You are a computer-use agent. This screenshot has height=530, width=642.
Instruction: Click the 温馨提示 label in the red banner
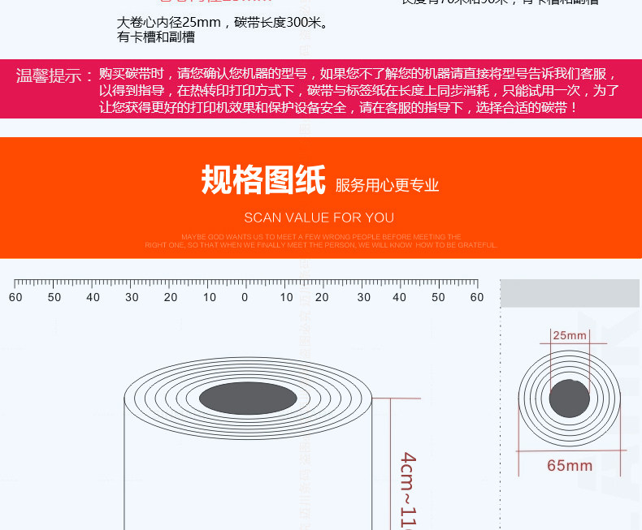tap(54, 76)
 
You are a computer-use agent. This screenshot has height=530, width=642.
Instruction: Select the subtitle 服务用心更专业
tap(387, 186)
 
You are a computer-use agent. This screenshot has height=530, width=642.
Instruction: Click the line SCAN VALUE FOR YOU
tap(319, 218)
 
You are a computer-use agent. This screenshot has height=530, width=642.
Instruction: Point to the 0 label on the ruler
tap(245, 297)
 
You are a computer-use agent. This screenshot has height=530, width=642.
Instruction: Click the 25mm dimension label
tap(569, 335)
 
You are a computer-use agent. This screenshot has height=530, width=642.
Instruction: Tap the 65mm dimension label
tap(569, 466)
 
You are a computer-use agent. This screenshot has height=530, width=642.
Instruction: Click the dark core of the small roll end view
tap(569, 399)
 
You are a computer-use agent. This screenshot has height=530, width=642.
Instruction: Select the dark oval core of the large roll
tap(248, 398)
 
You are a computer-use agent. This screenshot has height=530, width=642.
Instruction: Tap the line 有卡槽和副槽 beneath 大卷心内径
tap(156, 37)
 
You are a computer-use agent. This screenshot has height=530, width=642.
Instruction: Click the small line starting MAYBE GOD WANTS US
tap(321, 237)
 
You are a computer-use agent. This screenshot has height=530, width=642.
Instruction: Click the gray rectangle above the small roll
tap(569, 293)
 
